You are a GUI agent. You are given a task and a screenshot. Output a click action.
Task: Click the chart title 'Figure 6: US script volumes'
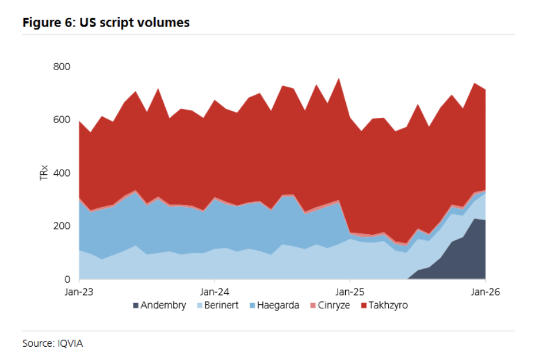point(106,22)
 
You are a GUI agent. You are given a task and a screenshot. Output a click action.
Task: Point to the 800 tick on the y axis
point(62,67)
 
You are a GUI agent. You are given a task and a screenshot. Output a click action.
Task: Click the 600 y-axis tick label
point(62,120)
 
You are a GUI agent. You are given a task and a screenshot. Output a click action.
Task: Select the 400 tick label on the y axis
point(62,173)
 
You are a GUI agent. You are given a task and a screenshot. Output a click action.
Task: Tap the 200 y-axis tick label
point(62,226)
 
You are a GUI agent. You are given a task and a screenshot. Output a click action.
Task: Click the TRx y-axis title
point(44,173)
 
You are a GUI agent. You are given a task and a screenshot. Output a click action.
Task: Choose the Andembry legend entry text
point(164,305)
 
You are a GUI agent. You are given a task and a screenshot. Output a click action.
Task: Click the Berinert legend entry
point(223,305)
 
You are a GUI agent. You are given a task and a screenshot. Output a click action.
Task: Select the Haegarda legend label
point(279,305)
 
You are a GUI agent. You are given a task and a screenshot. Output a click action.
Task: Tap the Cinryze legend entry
point(334,305)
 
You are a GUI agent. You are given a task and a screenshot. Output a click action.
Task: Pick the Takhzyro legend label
point(388,305)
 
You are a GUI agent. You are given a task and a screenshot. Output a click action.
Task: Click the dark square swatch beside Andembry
point(136,305)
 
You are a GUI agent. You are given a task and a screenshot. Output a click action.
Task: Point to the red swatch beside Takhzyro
point(364,305)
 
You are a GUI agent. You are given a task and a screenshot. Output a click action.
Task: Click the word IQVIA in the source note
point(73,343)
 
